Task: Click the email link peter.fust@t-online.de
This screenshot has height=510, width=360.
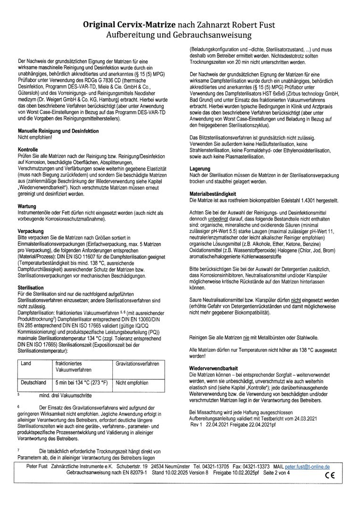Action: [x=307, y=467]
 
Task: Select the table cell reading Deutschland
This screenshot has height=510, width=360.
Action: [x=33, y=382]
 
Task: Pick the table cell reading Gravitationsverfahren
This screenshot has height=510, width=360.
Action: [x=137, y=364]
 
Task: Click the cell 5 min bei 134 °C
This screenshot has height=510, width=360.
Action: [x=81, y=382]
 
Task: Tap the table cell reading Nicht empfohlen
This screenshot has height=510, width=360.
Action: [x=132, y=382]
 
